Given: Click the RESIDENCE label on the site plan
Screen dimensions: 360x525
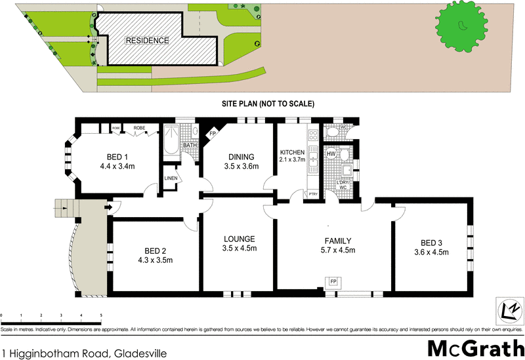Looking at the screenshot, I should pyautogui.click(x=147, y=40).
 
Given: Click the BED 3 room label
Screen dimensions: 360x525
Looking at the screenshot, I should pyautogui.click(x=431, y=241).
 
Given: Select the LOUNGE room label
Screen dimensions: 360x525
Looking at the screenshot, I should pyautogui.click(x=239, y=239).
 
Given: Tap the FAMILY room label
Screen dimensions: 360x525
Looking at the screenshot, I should pyautogui.click(x=336, y=241).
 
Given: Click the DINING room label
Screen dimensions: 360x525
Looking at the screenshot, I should pyautogui.click(x=241, y=157).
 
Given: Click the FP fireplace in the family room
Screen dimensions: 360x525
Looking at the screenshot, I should pyautogui.click(x=333, y=282).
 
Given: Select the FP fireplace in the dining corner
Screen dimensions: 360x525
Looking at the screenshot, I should pyautogui.click(x=212, y=134).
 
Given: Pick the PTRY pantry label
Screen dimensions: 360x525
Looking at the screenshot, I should pyautogui.click(x=313, y=194).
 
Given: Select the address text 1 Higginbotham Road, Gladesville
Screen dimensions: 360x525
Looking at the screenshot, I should pyautogui.click(x=84, y=353).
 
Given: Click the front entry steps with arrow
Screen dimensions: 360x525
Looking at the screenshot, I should pyautogui.click(x=66, y=209).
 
